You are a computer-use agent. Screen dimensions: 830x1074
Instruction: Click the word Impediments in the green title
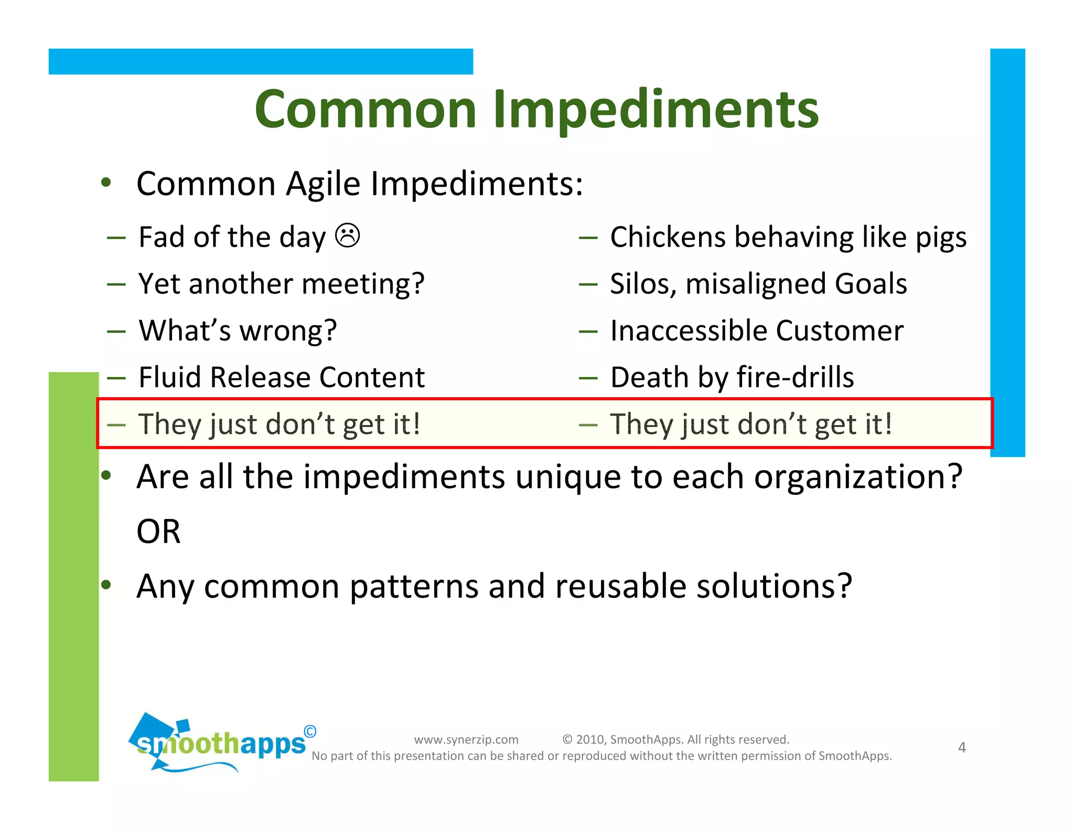coord(656,109)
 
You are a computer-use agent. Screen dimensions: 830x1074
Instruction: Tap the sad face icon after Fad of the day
coord(348,236)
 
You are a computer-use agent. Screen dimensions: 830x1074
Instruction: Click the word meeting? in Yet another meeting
coord(363,285)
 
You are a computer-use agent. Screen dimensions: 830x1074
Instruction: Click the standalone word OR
coord(158,531)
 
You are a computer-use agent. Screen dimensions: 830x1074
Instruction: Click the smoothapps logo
coord(220,742)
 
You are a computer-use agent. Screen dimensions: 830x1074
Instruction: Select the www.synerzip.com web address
coord(466,739)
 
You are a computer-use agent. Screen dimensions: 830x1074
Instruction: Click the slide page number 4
coord(962,747)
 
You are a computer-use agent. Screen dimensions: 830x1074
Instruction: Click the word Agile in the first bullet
coord(323,184)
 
